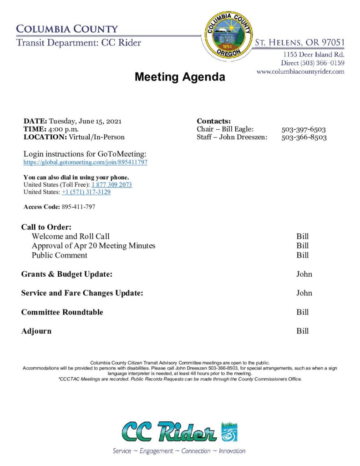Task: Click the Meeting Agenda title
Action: (179, 77)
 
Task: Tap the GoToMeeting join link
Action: (85, 162)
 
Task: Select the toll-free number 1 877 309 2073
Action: (112, 185)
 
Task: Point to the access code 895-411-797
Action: (78, 207)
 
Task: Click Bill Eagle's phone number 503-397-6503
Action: (304, 129)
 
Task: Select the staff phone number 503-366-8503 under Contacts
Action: (304, 137)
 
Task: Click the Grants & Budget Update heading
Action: (66, 274)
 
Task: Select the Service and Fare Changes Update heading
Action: (82, 293)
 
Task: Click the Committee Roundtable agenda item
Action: (62, 312)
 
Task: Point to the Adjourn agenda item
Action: (36, 331)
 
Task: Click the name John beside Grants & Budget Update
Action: (304, 274)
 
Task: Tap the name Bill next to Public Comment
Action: (302, 255)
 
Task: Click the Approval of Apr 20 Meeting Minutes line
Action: (93, 246)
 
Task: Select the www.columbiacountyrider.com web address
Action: (300, 71)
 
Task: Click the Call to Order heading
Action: (46, 227)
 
